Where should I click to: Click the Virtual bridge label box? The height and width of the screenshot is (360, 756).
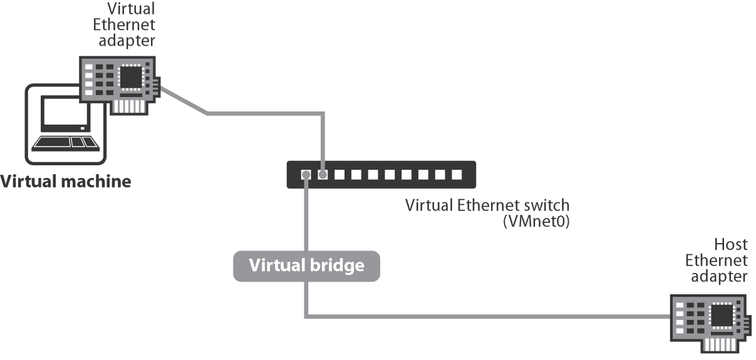point(306,265)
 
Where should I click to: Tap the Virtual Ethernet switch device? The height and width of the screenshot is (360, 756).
point(381,175)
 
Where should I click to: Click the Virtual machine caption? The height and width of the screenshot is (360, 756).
point(66,182)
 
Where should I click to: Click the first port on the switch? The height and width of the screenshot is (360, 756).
point(306,175)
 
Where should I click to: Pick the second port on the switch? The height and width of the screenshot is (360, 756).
point(323,175)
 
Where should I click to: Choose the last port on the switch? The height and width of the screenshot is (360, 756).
point(457,175)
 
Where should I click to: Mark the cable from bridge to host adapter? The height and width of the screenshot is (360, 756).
point(489,317)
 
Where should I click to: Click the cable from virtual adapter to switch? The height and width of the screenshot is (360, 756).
point(263,114)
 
